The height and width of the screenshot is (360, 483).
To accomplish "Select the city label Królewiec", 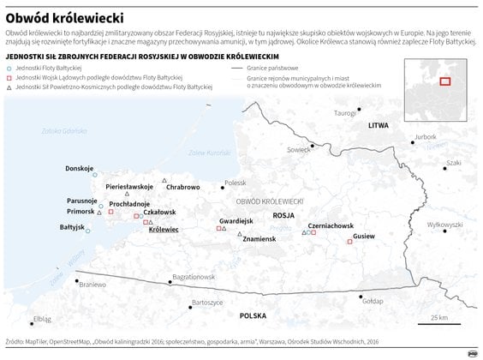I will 163,230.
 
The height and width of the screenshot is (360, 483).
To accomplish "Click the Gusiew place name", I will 364,235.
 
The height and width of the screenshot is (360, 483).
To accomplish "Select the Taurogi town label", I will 345,113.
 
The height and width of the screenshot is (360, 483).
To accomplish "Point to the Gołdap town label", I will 373,302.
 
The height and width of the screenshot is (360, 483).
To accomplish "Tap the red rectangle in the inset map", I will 445,81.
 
